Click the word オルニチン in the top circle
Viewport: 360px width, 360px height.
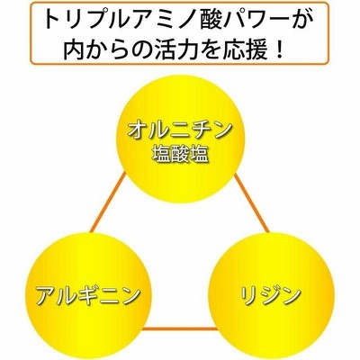[x=180, y=130]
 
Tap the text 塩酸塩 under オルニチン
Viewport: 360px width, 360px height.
[x=180, y=155]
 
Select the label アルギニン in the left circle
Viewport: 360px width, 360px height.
[x=88, y=295]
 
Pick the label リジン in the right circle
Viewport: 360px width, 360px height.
[x=271, y=294]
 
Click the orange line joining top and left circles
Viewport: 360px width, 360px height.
[x=108, y=202]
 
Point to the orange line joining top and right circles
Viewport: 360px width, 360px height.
[x=251, y=203]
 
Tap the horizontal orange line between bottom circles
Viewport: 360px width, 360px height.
[x=179, y=328]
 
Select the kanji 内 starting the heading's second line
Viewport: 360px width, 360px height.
[x=74, y=48]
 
